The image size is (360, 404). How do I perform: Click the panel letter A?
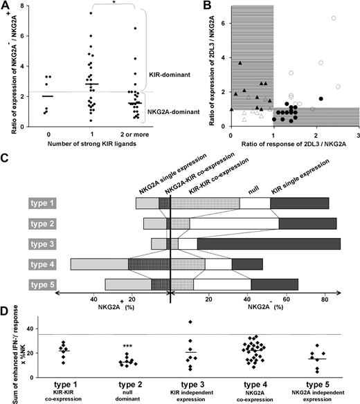[6, 6]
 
